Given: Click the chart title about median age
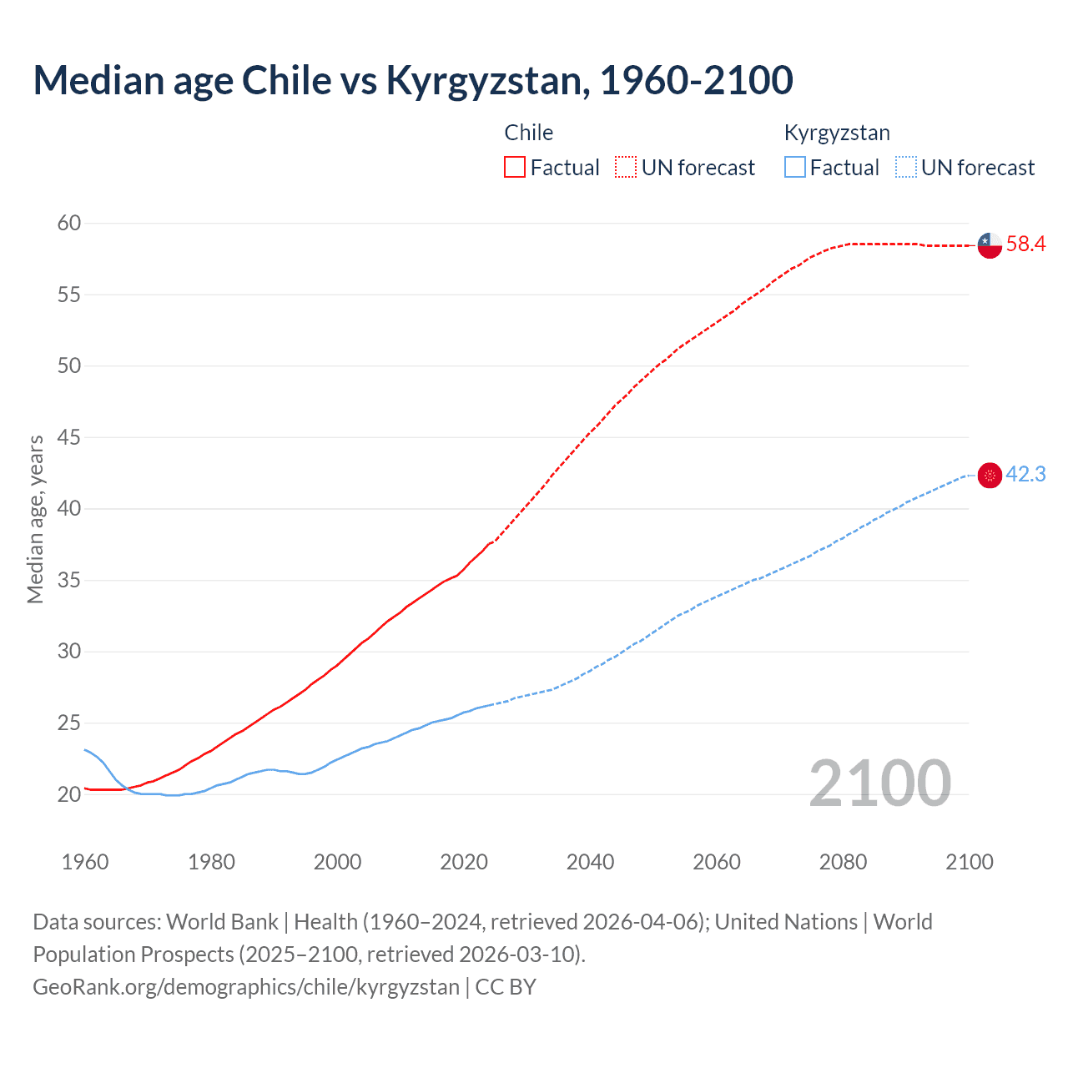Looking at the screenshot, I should pyautogui.click(x=413, y=81).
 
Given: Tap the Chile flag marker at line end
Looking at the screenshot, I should pyautogui.click(x=990, y=245).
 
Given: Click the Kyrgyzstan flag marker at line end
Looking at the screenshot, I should pyautogui.click(x=990, y=476).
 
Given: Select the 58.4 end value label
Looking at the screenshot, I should pyautogui.click(x=1025, y=244).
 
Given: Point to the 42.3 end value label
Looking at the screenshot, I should pyautogui.click(x=1025, y=475).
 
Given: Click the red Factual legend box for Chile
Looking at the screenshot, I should pyautogui.click(x=515, y=168).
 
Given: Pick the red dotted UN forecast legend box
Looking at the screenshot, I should pyautogui.click(x=626, y=168).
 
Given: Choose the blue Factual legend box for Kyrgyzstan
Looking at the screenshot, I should pyautogui.click(x=794, y=168).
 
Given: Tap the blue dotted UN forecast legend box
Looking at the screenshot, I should pyautogui.click(x=905, y=168).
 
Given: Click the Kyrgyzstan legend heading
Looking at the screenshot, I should pyautogui.click(x=837, y=133).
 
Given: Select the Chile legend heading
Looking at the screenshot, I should pyautogui.click(x=529, y=133).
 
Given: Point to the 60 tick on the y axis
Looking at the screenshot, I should pyautogui.click(x=69, y=223).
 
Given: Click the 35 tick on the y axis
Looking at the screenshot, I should pyautogui.click(x=69, y=580).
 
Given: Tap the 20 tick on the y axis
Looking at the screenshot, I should pyautogui.click(x=69, y=794).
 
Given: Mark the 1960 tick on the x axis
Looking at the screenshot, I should pyautogui.click(x=85, y=862).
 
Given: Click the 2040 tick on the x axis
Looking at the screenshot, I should pyautogui.click(x=590, y=862).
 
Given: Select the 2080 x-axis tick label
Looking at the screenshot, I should pyautogui.click(x=843, y=862).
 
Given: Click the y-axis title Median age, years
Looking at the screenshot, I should pyautogui.click(x=35, y=519).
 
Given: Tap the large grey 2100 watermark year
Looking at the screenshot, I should pyautogui.click(x=880, y=783).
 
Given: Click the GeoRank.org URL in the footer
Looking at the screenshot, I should pyautogui.click(x=246, y=987).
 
